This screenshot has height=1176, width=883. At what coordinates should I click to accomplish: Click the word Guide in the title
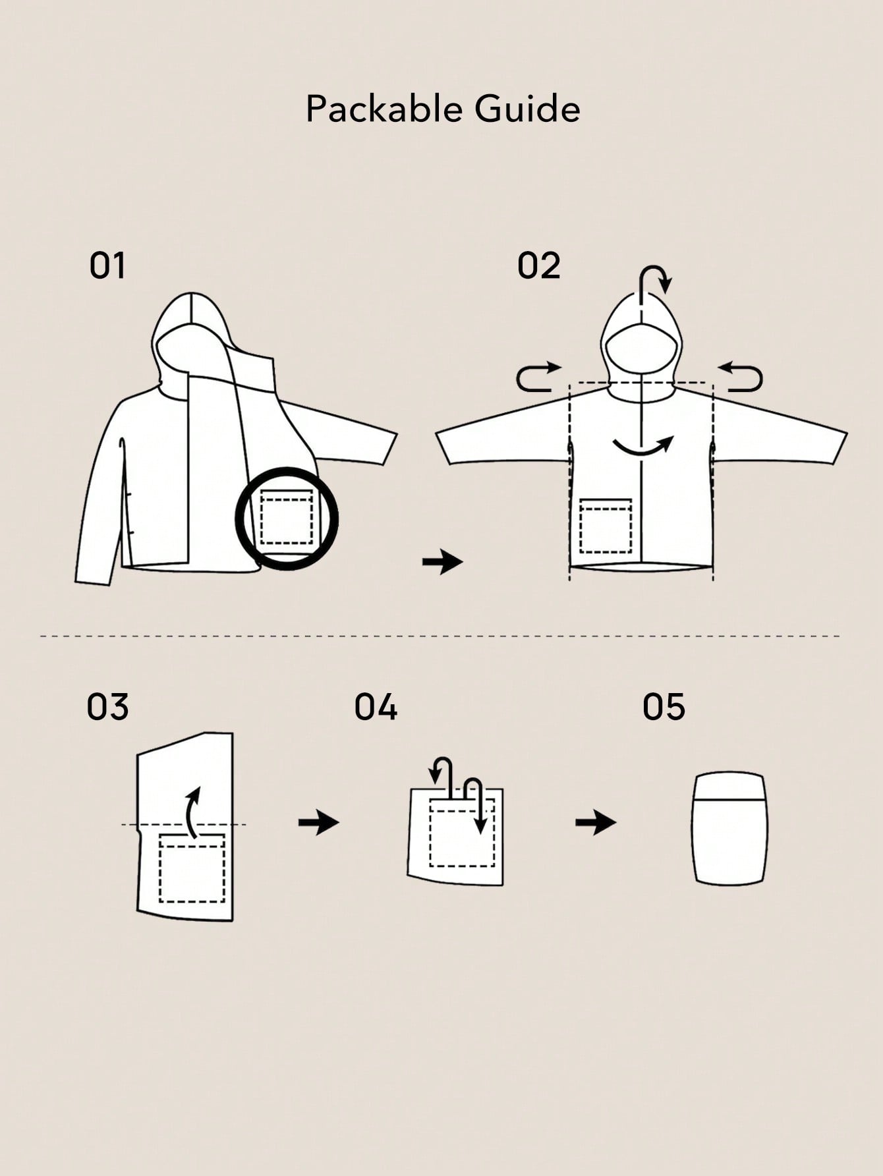527,109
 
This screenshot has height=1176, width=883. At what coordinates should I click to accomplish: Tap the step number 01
107,266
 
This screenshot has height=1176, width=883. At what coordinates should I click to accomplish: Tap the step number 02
538,266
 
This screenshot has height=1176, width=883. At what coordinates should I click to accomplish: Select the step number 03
107,707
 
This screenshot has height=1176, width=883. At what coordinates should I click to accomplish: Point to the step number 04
376,707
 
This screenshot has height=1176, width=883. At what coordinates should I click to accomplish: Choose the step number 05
664,707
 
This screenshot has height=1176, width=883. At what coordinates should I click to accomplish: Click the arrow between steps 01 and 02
443,562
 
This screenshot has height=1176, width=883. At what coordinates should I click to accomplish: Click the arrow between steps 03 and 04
319,822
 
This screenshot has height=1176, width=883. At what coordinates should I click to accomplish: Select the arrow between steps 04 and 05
596,822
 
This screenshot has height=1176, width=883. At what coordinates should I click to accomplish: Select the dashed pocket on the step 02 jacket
606,526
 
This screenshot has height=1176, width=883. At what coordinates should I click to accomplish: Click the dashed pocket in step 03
192,868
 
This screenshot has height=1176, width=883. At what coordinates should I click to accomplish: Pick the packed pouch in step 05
729,828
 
